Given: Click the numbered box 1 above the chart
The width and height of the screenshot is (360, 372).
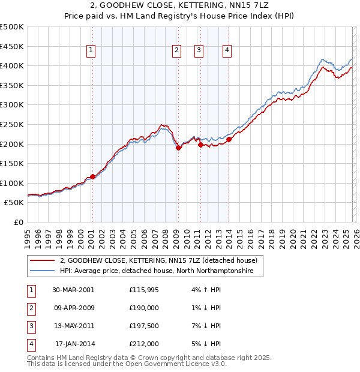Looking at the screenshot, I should coord(91,51).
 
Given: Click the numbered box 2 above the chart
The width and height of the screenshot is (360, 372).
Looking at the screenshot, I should coord(177,51).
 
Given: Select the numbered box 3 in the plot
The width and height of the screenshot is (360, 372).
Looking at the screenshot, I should coord(198,51).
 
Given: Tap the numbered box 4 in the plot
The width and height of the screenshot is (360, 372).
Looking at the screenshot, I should coord(227,51).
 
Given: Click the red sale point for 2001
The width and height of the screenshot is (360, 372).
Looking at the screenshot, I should coord(92,176).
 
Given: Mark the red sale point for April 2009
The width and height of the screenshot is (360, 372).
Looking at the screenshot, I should coord(178,148).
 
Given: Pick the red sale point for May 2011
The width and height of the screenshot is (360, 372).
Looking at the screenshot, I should coord(200,145).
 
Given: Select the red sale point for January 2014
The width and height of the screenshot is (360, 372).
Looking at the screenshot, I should coord(229,139).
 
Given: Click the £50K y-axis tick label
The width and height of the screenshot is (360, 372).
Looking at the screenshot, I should coord(14,203).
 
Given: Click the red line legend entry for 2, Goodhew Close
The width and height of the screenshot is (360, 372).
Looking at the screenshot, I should coord(159,260).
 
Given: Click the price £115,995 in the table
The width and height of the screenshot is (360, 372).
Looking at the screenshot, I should coord(144,290).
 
